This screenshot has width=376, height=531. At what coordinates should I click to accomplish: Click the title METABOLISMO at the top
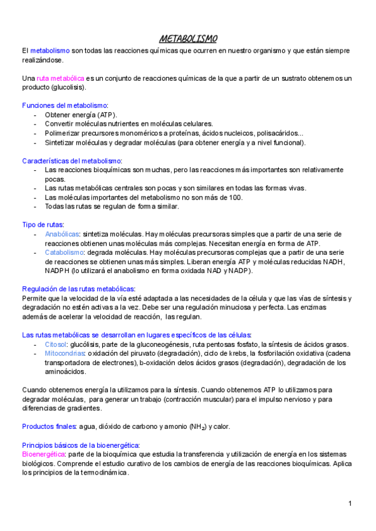click(188, 39)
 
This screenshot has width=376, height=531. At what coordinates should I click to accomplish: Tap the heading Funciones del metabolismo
click(65, 106)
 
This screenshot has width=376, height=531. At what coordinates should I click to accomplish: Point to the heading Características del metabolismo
click(71, 161)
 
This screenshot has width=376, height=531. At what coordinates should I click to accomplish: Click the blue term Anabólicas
click(62, 234)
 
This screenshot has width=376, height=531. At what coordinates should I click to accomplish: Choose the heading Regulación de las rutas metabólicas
click(78, 289)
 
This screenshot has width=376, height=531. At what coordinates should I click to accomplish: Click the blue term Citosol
click(56, 344)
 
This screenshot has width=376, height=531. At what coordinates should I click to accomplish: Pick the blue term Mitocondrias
click(65, 354)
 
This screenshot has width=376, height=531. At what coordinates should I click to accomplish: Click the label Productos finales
click(49, 427)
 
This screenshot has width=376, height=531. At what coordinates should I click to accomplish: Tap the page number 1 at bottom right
click(350, 503)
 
